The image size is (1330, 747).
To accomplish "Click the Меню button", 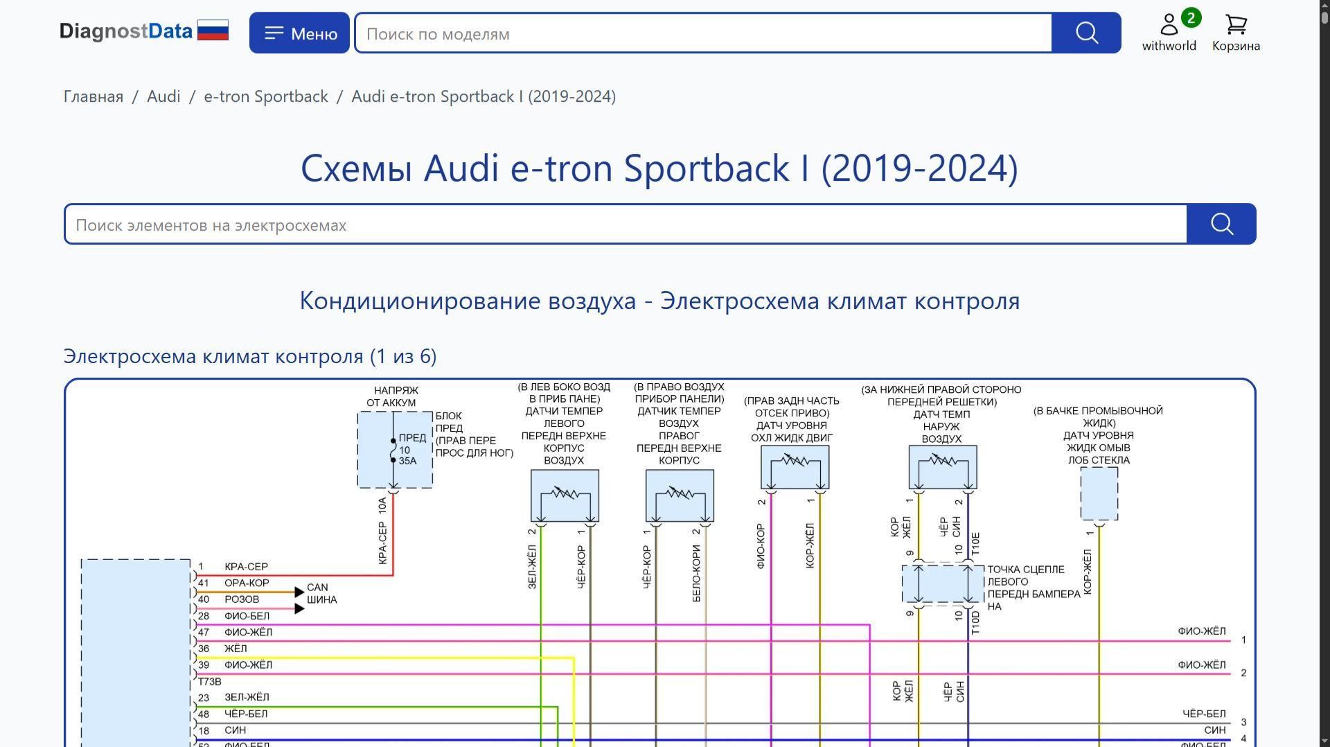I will point(299,33).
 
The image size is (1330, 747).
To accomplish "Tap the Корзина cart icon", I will point(1236,26).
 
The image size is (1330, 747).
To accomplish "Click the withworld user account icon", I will point(1169,26).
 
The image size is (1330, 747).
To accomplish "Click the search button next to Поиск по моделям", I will point(1086,33).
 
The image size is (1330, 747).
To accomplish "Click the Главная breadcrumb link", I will point(94,96).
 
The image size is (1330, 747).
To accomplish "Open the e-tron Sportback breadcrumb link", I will point(266,96).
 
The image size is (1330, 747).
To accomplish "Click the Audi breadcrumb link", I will point(163,96).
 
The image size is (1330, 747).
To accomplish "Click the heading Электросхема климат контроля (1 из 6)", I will point(250,356).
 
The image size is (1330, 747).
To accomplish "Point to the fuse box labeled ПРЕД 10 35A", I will point(395,450).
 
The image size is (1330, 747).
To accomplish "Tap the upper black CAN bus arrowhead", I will point(299,592).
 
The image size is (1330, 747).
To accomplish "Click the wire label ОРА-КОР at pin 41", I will point(247,583).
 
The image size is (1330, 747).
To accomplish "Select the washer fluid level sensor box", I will point(1099,493).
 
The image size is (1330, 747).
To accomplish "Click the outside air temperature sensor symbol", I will point(943,467).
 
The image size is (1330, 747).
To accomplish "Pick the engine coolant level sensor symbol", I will point(795,467).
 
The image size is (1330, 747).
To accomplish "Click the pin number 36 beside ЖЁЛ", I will point(204,649).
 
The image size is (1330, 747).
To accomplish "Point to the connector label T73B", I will point(210,682).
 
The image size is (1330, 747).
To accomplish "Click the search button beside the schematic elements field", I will point(1221,225).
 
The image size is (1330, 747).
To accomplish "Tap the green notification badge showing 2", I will point(1191,18).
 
